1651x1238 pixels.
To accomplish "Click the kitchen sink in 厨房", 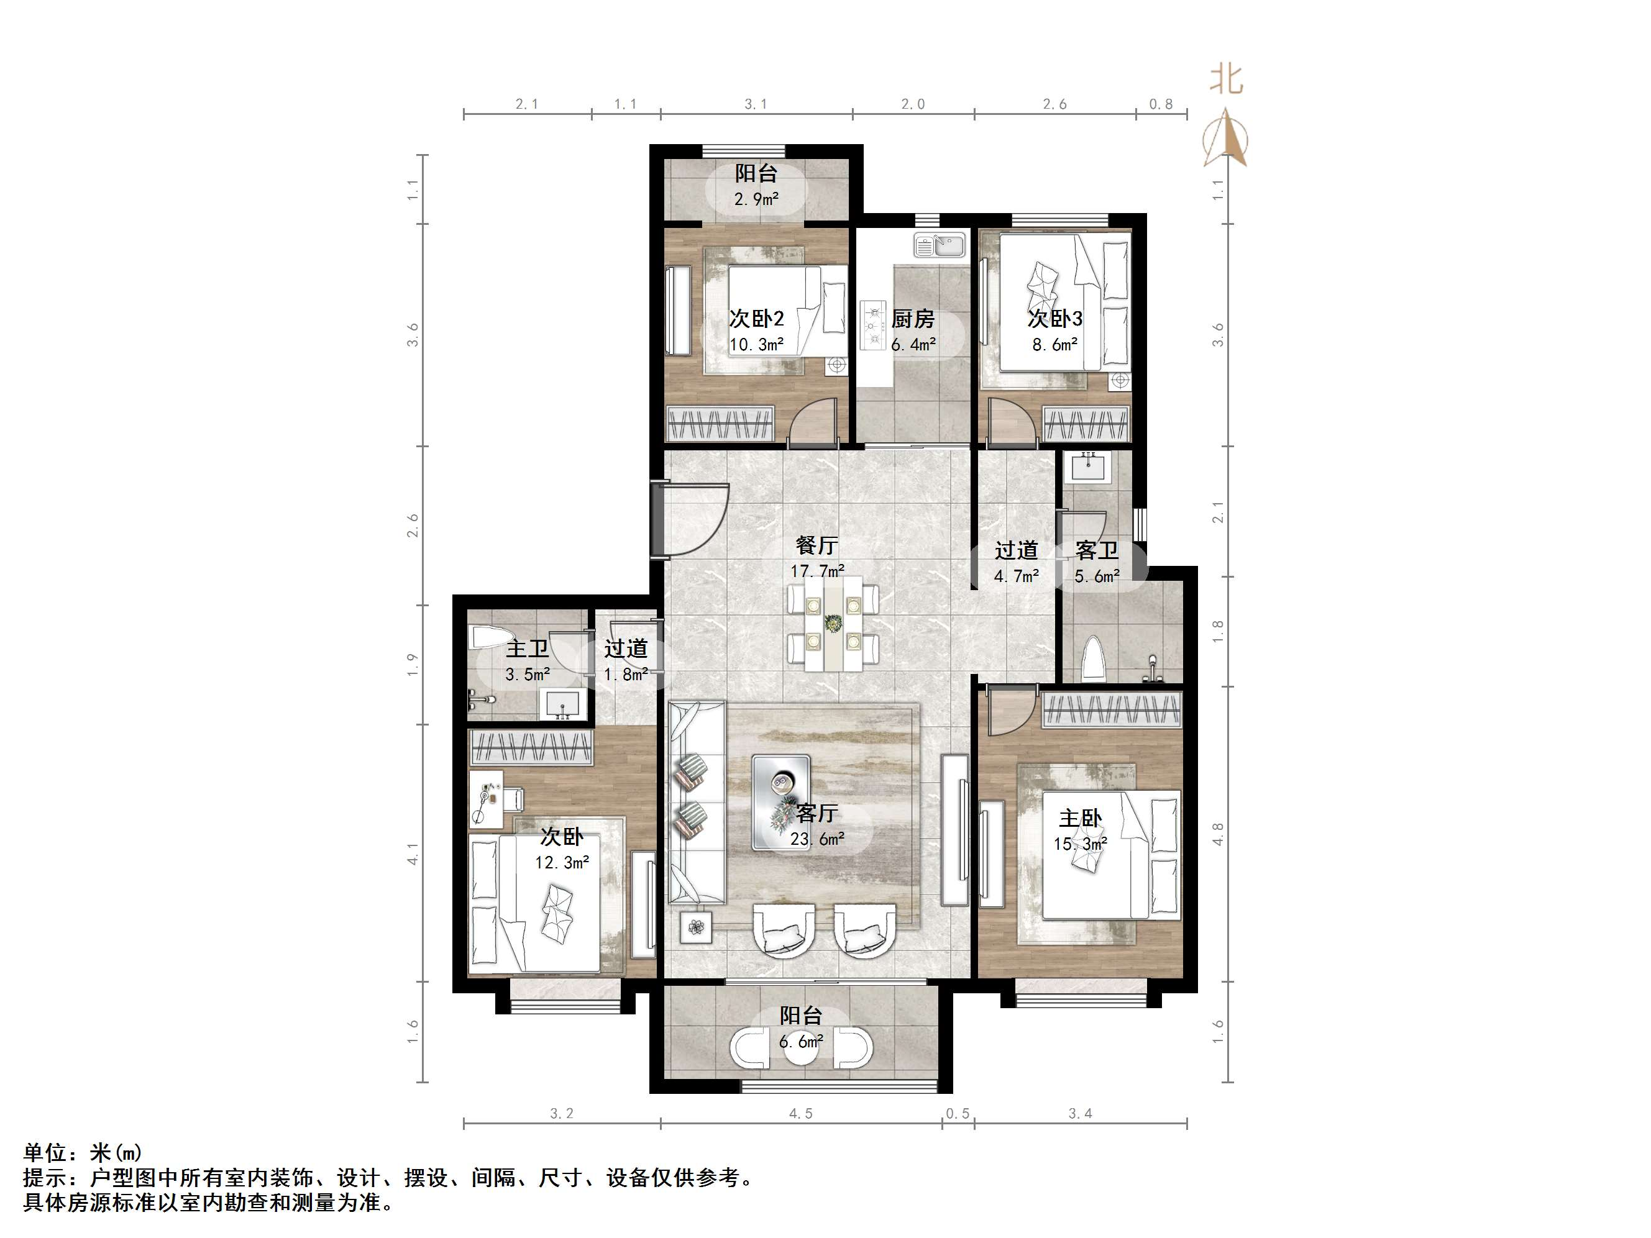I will tap(940, 245).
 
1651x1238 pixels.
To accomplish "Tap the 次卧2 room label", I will tap(756, 319).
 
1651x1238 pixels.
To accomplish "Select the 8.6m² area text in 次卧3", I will tap(1054, 345).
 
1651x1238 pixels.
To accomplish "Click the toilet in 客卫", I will tap(1094, 658).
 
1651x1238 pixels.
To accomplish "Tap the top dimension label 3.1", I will tap(756, 104).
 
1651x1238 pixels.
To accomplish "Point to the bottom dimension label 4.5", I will tap(800, 1113).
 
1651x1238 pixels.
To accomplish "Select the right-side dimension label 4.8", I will tap(1217, 834).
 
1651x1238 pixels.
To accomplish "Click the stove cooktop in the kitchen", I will tap(871, 326).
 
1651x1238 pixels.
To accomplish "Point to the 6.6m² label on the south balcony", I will tap(800, 1042).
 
